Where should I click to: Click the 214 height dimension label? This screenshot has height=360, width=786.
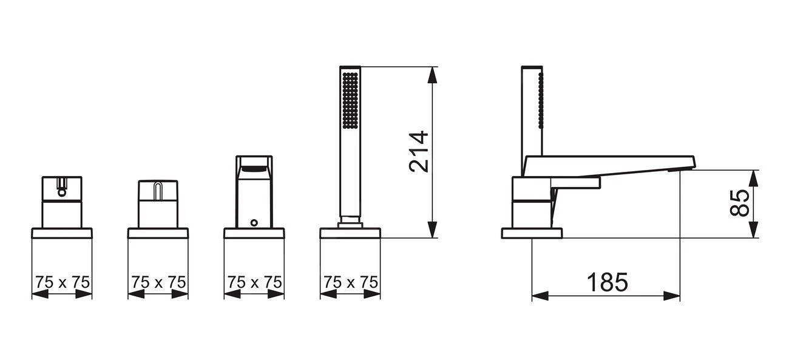419,152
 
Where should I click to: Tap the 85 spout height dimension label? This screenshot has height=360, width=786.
739,203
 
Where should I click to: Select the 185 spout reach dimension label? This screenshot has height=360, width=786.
608,282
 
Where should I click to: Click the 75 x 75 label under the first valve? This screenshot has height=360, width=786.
63,282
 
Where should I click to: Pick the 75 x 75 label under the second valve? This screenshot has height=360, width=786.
158,282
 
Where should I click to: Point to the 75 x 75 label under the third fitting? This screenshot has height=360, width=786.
255,282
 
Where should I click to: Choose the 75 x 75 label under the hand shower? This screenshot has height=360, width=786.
351,282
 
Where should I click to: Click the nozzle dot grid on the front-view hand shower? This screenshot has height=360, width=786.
350,100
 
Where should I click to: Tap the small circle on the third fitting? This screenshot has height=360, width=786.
254,222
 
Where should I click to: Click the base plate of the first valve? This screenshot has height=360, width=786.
62,233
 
